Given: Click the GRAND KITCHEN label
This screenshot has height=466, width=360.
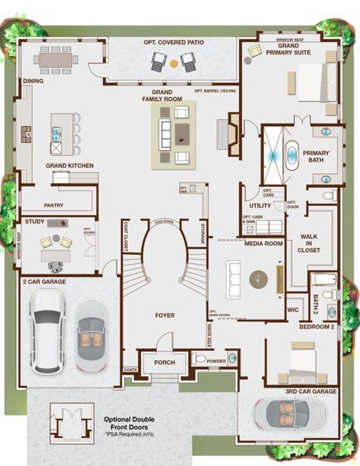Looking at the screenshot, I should (x=70, y=165).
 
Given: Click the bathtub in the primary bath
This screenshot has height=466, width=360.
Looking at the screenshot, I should (x=292, y=155).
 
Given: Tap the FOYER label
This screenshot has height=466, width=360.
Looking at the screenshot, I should (x=164, y=315).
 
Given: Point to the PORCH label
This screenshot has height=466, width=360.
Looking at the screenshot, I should (x=164, y=363).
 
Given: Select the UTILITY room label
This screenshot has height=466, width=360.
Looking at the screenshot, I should (x=260, y=206).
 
